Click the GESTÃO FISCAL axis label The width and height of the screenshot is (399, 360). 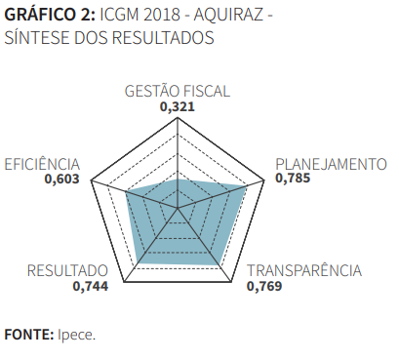coord(178,92)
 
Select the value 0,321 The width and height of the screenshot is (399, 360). coord(178,106)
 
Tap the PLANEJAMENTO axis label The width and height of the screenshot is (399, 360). coord(331,164)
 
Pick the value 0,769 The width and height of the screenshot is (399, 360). coord(265,287)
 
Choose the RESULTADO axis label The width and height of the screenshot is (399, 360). coord(67,271)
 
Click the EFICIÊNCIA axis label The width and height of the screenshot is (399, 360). coord(43,164)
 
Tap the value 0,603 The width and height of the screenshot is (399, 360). coord(61,179)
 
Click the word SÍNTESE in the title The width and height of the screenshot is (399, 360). coord(35,39)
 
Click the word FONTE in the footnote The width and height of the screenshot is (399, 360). coord(27,335)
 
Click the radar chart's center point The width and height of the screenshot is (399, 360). coord(178,208)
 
